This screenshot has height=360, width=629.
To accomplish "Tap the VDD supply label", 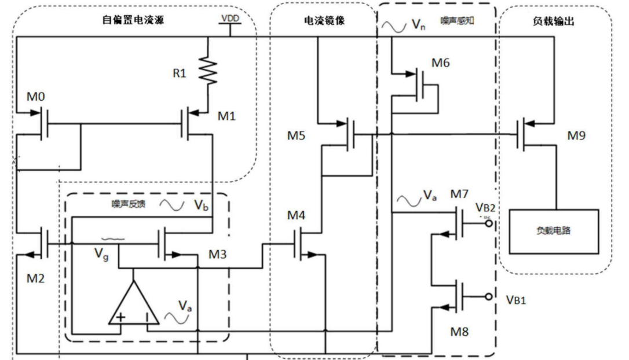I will (229, 19).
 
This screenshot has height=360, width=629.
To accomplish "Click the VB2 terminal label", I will (486, 207).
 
